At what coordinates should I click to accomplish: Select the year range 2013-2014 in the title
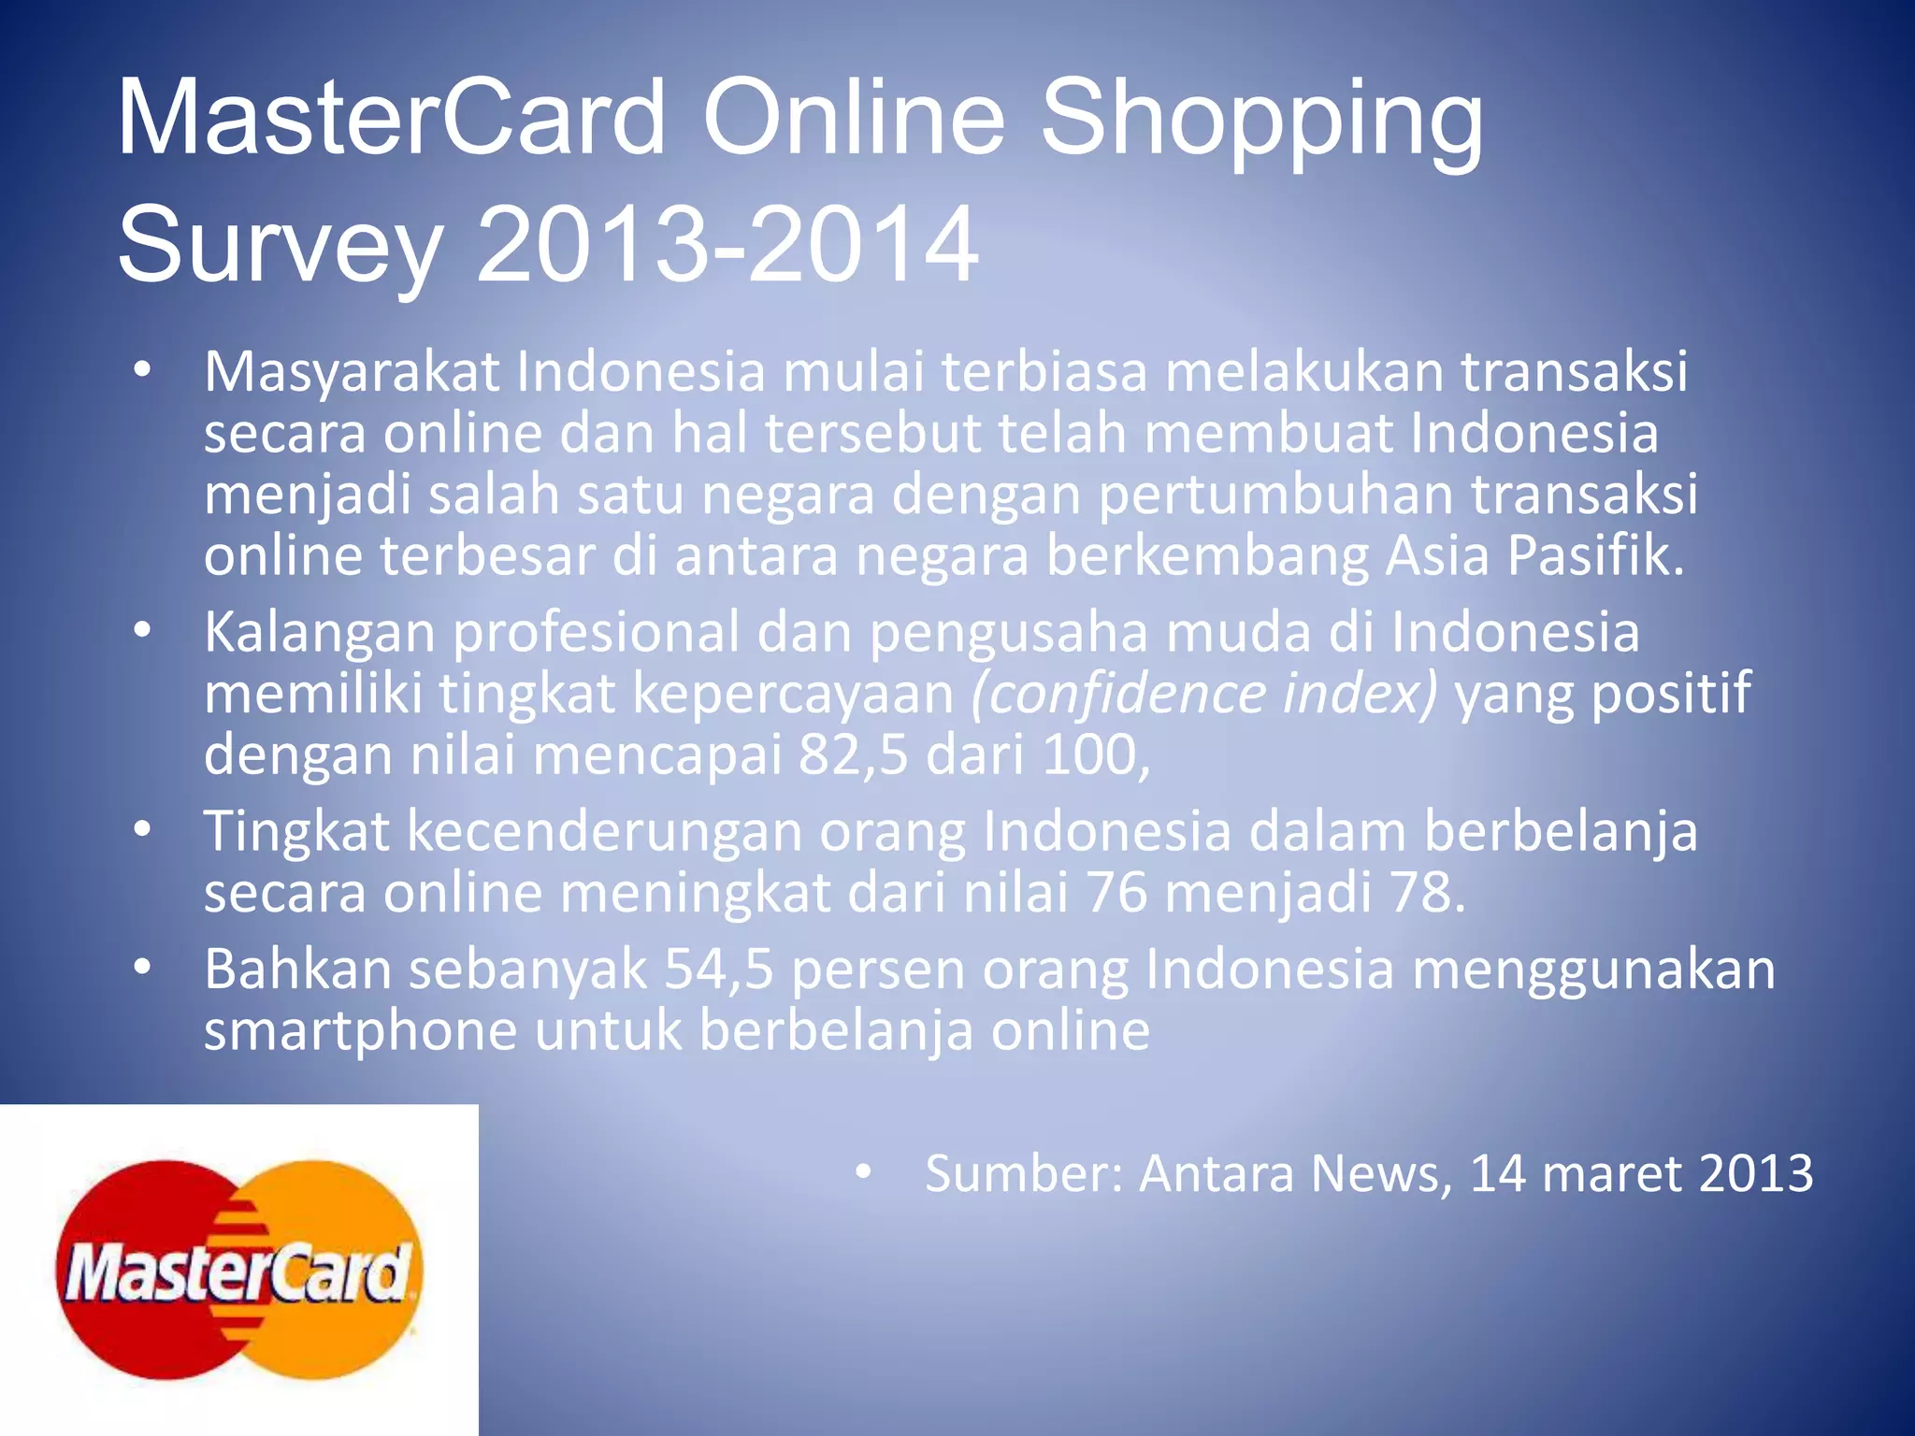727,244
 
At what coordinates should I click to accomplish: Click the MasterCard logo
238,1270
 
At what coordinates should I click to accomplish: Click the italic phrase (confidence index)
1204,694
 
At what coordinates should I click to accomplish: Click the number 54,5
718,969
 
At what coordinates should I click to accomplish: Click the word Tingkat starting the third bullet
296,831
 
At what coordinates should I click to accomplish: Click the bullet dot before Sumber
863,1172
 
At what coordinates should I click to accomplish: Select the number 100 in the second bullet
1088,754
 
